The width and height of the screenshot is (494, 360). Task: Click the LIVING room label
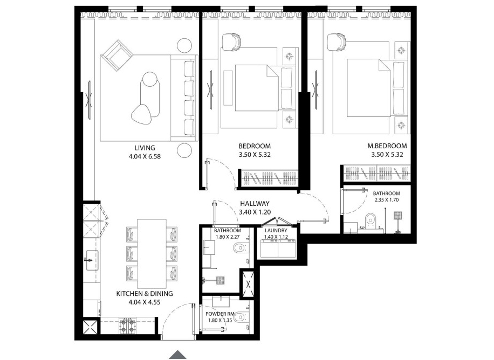pos(145,148)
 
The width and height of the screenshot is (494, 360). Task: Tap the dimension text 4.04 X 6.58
pos(145,157)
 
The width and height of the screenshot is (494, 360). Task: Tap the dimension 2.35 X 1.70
pos(386,200)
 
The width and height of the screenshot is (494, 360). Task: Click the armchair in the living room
pos(117,54)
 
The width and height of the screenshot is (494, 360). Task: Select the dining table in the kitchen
pos(152,253)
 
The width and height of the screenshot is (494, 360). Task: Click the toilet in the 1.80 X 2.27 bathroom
pos(239,248)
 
